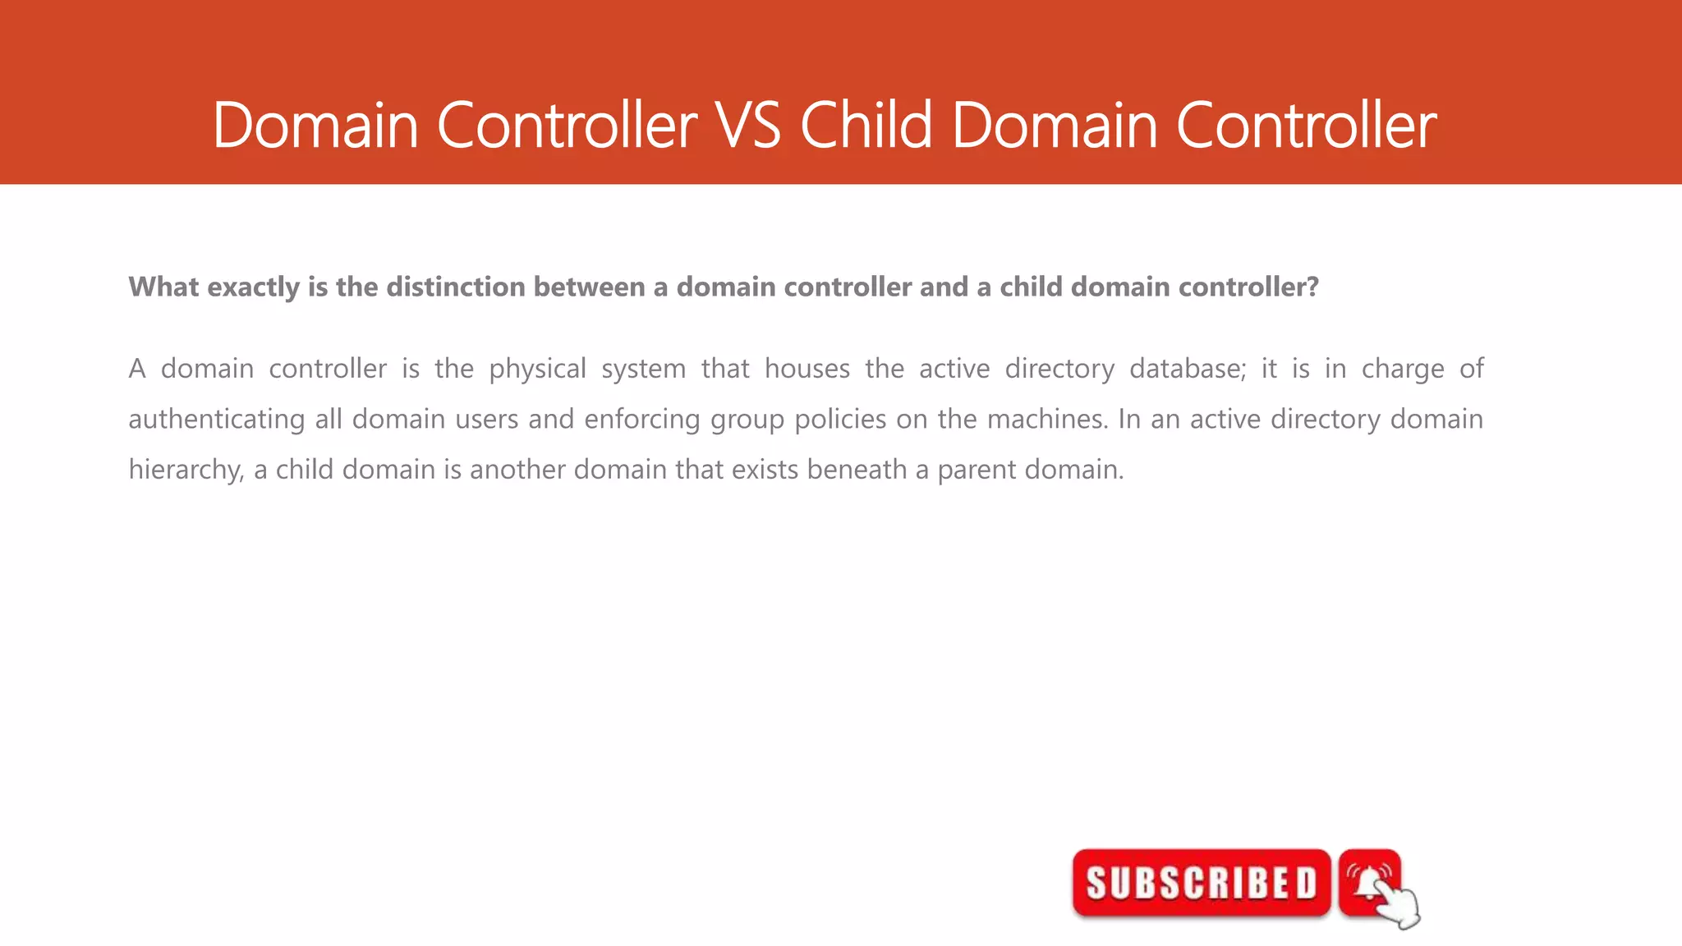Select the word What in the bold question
(163, 287)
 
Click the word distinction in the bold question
(456, 287)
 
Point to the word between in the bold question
(589, 287)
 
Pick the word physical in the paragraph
(537, 369)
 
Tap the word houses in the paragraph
(807, 369)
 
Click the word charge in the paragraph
(1402, 369)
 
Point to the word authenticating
(217, 420)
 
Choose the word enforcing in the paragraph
(642, 420)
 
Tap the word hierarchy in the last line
(186, 470)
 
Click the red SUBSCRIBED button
(1201, 884)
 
